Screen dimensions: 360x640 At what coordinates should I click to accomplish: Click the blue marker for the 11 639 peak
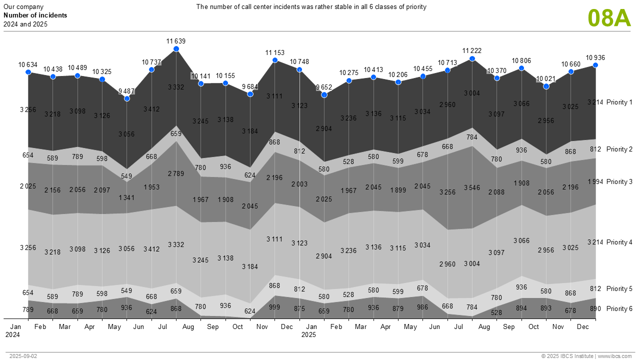tap(176, 49)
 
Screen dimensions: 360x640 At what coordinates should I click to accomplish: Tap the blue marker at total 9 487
tap(127, 98)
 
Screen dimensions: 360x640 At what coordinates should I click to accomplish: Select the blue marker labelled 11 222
tap(472, 59)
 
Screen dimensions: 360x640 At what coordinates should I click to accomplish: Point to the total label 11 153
tap(274, 52)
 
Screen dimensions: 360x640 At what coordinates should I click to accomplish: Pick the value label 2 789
tap(176, 173)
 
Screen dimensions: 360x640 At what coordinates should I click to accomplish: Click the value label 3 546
tap(472, 188)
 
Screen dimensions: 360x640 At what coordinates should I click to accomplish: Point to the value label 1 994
tap(595, 181)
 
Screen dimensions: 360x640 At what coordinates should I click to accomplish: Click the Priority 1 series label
tap(619, 102)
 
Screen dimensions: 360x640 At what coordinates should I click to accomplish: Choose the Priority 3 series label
tap(619, 182)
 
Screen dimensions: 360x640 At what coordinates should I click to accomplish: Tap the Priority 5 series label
tap(619, 289)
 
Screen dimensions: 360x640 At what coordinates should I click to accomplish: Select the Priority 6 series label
tap(619, 309)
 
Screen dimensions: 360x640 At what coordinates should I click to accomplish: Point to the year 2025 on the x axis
tap(308, 334)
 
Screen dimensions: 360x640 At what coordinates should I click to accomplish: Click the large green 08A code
tap(609, 18)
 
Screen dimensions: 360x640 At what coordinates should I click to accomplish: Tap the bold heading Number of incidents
tap(35, 15)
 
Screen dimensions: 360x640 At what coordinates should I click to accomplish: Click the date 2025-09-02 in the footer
tap(23, 356)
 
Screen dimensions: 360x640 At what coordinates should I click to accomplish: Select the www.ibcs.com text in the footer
tap(615, 356)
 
